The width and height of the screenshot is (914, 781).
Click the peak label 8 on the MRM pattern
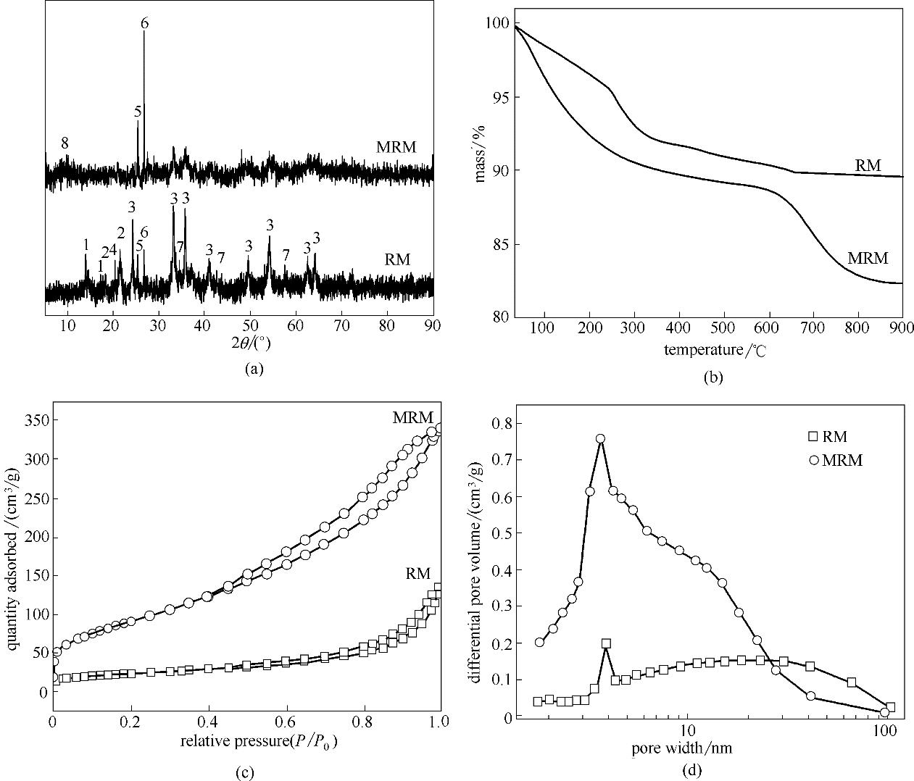click(65, 143)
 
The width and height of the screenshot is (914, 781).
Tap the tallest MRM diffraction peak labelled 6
click(144, 33)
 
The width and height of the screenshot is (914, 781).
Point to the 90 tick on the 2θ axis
click(433, 326)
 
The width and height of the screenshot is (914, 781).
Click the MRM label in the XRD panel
click(396, 147)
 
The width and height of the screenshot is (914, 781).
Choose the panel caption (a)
click(254, 369)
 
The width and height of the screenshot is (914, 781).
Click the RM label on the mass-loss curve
click(868, 165)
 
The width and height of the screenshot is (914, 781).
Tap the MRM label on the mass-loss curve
click(868, 258)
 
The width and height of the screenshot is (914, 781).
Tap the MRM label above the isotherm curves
click(413, 417)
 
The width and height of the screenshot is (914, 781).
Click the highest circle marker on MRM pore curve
click(600, 439)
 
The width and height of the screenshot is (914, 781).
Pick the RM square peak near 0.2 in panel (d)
click(606, 643)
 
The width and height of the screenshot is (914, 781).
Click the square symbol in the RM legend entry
click(813, 436)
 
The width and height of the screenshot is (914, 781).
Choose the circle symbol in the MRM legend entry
click(813, 459)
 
